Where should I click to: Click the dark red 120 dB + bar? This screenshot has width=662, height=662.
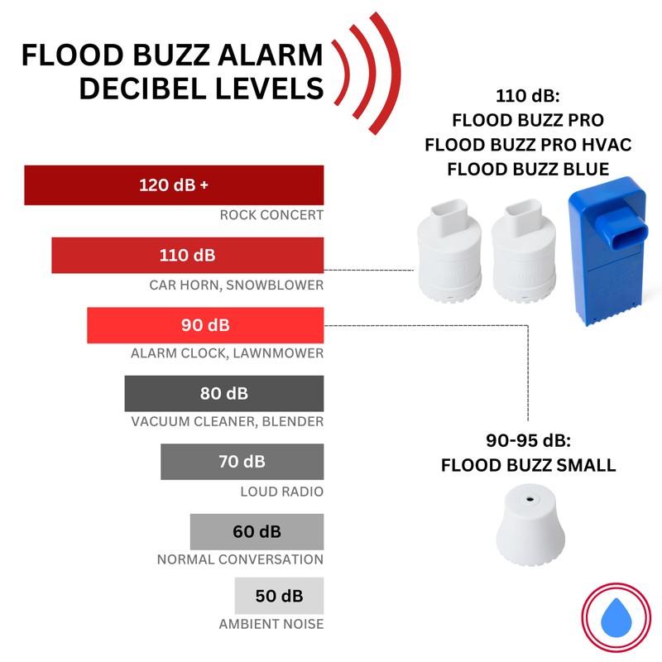click(174, 185)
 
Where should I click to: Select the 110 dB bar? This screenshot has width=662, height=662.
click(187, 255)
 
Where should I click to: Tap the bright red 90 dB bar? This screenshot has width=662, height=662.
click(205, 324)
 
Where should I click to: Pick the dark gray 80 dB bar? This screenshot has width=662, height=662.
click(223, 393)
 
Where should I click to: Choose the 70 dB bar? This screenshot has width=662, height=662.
click(242, 462)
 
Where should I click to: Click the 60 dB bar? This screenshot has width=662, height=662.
click(257, 530)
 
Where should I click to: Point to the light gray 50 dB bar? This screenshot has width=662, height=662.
click(278, 596)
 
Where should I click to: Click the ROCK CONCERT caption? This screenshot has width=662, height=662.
click(271, 216)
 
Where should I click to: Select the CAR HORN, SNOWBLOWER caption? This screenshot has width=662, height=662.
click(236, 285)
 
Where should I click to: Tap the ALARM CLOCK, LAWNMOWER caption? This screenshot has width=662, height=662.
click(227, 353)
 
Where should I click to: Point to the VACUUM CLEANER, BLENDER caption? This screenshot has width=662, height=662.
click(227, 422)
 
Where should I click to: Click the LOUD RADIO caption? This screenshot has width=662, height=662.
click(281, 492)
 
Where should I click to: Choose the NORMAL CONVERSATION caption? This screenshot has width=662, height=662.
click(240, 559)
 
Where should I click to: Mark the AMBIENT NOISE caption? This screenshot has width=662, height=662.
click(271, 624)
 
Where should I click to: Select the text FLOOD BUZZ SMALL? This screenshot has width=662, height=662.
click(528, 465)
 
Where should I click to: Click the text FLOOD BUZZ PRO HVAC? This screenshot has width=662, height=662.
click(528, 146)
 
